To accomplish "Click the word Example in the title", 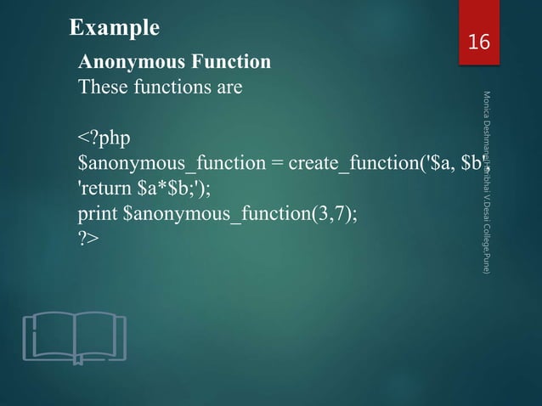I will point(114,28).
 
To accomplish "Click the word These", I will point(102,87).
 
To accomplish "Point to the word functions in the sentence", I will point(170,87).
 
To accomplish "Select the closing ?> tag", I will point(88,239).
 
